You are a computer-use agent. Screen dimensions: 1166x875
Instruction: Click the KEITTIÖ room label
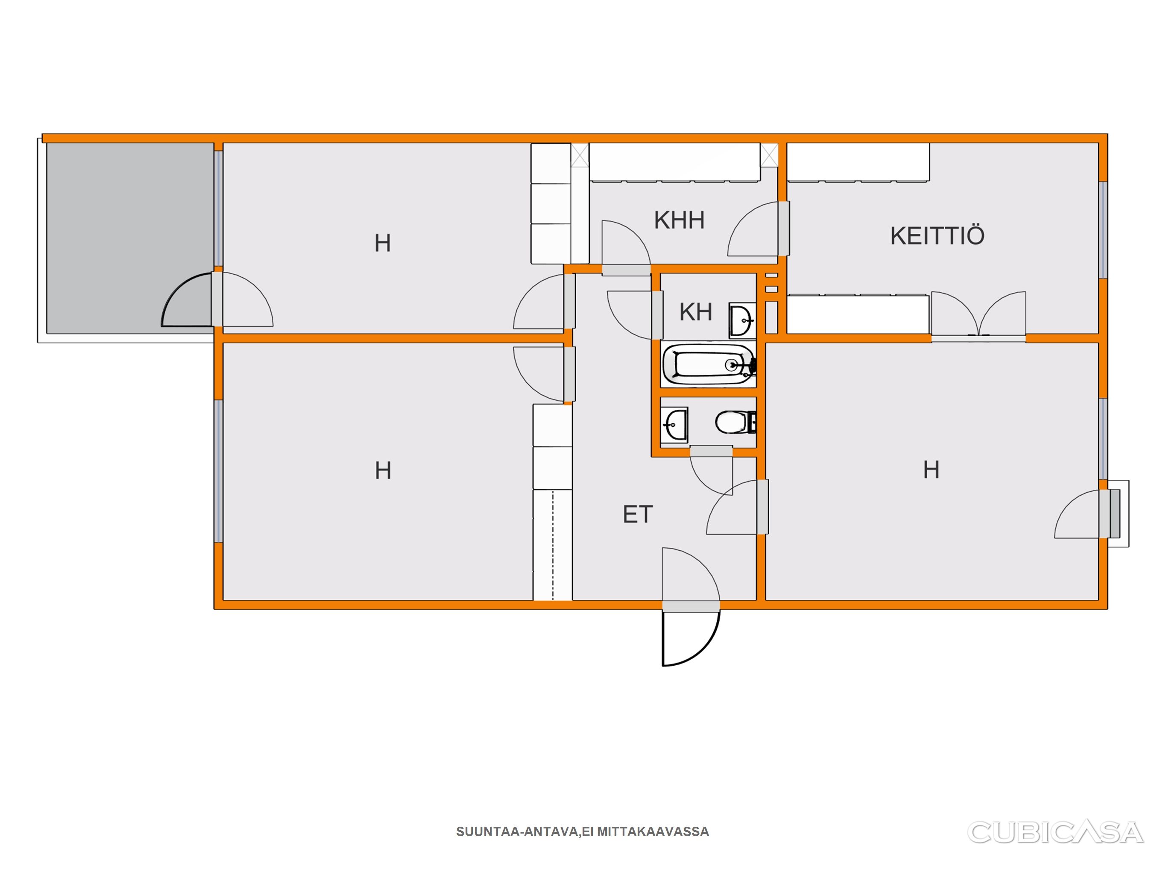tap(937, 236)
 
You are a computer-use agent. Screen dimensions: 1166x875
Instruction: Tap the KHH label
tap(679, 220)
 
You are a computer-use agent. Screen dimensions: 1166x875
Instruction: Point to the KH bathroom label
tap(696, 312)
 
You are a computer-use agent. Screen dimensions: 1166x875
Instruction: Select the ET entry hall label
tap(638, 514)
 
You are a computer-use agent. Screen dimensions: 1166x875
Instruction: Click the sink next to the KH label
tap(742, 320)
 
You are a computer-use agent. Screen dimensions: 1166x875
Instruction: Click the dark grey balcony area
tap(130, 238)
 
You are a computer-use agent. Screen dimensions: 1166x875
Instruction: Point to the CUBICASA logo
tap(1055, 833)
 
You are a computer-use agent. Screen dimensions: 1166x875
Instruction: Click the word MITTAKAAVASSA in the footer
tap(653, 832)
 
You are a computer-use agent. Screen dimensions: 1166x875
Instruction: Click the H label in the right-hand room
tap(932, 470)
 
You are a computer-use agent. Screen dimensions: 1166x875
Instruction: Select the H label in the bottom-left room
tap(383, 470)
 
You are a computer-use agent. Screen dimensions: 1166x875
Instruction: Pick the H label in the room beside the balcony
tap(383, 243)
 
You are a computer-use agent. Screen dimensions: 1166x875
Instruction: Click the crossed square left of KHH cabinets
tap(580, 156)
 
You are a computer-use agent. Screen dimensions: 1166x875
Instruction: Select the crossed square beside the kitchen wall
tap(769, 156)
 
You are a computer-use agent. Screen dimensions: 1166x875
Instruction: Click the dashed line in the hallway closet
tap(553, 545)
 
